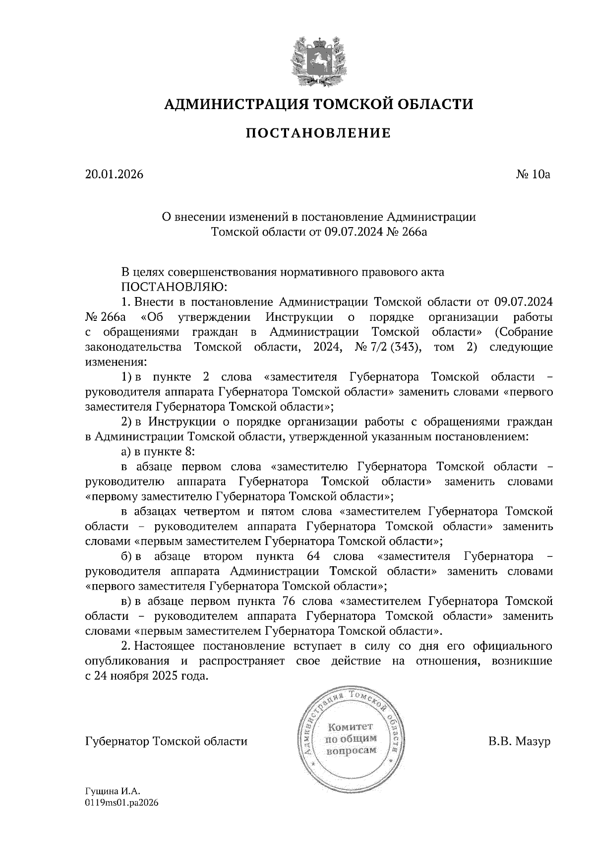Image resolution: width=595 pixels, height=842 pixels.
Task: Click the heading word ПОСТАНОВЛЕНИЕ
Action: click(318, 133)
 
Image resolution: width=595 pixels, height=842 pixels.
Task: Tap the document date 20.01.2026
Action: click(114, 175)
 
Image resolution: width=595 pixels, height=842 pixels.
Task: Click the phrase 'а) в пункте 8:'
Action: click(158, 452)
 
